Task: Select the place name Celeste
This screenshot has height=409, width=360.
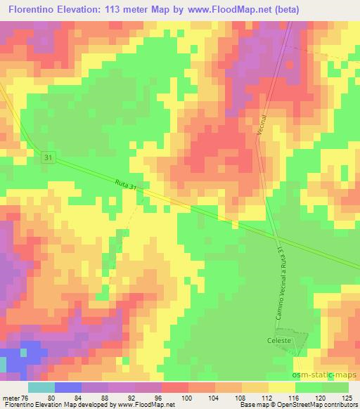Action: [x=278, y=341]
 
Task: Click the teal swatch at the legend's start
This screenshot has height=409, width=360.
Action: [x=41, y=387]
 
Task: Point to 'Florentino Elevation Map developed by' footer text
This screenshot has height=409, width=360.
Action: [x=51, y=405]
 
